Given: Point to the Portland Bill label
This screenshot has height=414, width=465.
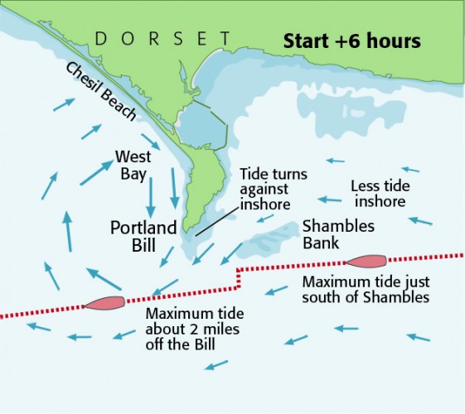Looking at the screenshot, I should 143,234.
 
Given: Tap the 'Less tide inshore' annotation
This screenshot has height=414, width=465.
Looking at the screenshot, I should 378,193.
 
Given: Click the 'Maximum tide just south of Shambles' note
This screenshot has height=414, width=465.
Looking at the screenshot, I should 365,290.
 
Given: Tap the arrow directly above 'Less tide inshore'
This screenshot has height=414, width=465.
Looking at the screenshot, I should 334,161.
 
